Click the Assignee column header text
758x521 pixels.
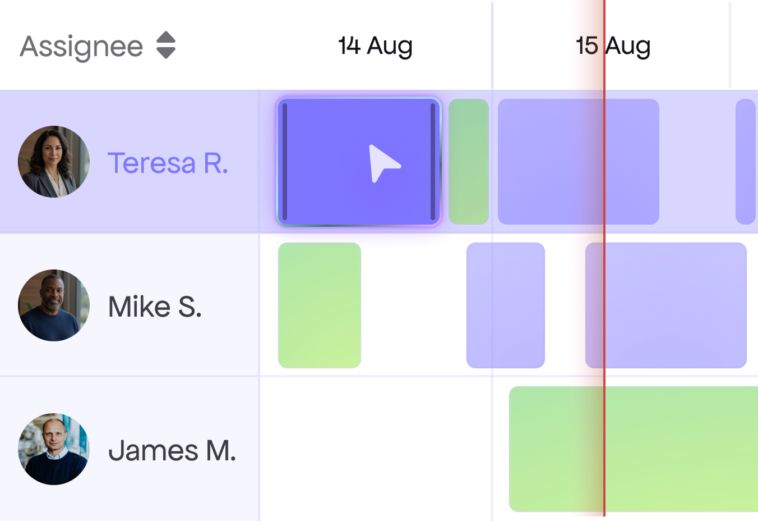tap(82, 47)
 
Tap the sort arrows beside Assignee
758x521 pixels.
tap(166, 45)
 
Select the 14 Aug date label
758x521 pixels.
tap(376, 47)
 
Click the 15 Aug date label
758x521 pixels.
tap(613, 47)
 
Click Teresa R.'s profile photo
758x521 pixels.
tap(54, 162)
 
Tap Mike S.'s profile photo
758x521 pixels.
tap(54, 305)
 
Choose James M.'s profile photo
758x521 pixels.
tap(54, 449)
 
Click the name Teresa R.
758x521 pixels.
tap(168, 163)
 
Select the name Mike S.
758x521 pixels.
tap(155, 307)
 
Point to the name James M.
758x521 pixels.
tap(172, 451)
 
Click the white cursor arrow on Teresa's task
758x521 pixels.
tap(383, 163)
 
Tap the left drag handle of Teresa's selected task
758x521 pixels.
tap(285, 162)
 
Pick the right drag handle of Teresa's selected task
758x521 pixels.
tap(433, 162)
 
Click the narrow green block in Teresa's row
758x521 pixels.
tap(469, 162)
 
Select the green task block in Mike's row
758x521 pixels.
tap(320, 305)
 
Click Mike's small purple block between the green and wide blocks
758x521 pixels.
tap(506, 305)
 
